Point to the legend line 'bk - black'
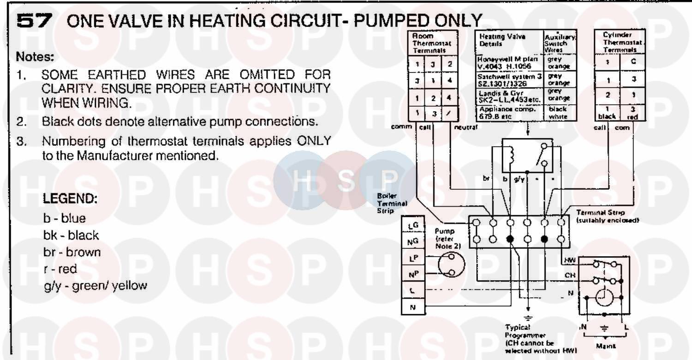(x=71, y=235)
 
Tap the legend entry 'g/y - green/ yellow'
(x=95, y=286)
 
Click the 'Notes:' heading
(x=35, y=58)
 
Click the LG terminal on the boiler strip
(x=412, y=225)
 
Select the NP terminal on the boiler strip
(x=412, y=275)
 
